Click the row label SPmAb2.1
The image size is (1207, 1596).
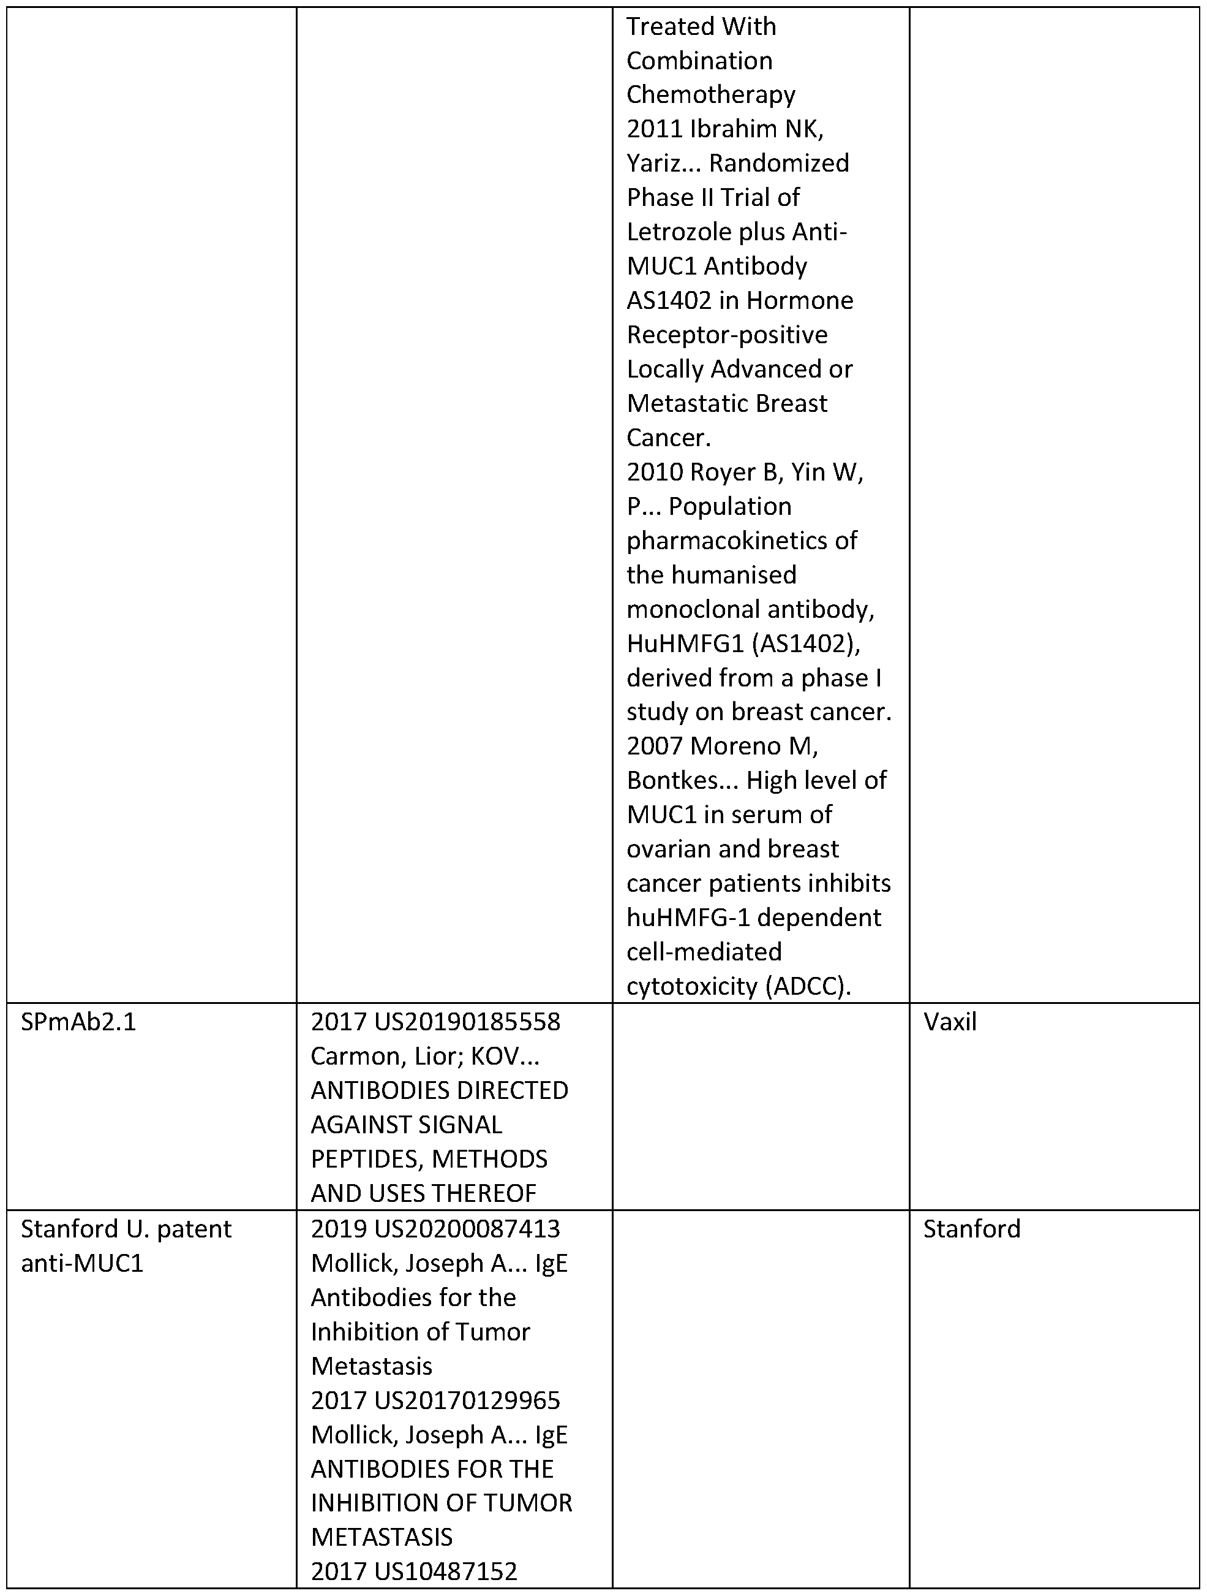[78, 1022]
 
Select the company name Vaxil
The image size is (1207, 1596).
[950, 1022]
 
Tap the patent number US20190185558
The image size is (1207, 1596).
[467, 1022]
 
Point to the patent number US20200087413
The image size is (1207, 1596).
[467, 1229]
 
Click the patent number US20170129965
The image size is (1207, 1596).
[467, 1400]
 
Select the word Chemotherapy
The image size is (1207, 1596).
[710, 94]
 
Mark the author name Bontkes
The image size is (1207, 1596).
[673, 781]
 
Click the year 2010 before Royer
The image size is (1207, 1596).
[654, 472]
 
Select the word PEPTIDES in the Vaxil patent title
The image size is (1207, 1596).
[367, 1160]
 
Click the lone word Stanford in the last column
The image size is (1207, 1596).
[971, 1229]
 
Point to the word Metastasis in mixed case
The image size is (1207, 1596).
[371, 1366]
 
